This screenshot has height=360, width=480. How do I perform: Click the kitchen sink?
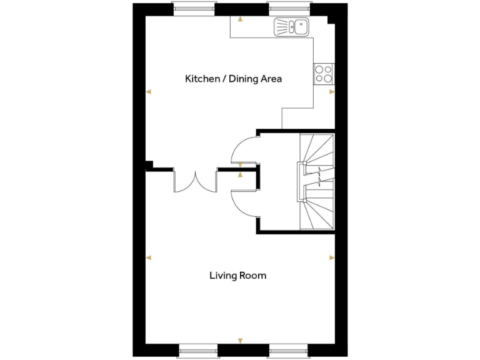pyautogui.click(x=291, y=27)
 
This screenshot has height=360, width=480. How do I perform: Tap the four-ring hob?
pyautogui.click(x=324, y=74)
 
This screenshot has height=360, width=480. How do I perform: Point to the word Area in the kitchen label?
pyautogui.click(x=272, y=79)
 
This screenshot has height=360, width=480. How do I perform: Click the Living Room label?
pyautogui.click(x=237, y=275)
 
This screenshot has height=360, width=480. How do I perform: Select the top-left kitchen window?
pyautogui.click(x=194, y=8)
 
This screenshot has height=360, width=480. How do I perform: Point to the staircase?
pyautogui.click(x=317, y=181)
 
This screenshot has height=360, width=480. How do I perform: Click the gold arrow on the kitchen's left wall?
pyautogui.click(x=149, y=92)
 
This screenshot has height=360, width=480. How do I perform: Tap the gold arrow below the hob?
pyautogui.click(x=332, y=92)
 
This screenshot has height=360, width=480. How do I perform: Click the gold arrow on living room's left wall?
pyautogui.click(x=149, y=257)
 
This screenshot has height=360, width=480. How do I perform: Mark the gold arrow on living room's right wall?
pyautogui.click(x=332, y=257)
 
